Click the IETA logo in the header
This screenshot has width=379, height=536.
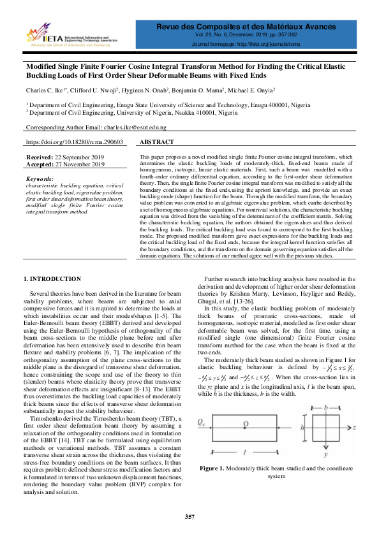click(x=43, y=36)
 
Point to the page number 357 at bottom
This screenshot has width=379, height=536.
click(x=189, y=515)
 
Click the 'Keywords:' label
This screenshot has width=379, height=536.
click(x=41, y=180)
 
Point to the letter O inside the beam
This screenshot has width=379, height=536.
click(x=246, y=424)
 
